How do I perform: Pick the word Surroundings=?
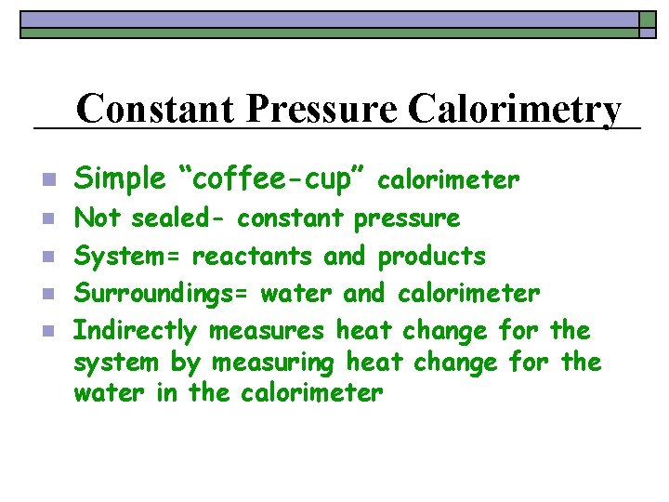click(x=163, y=294)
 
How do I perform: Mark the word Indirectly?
click(x=136, y=331)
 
